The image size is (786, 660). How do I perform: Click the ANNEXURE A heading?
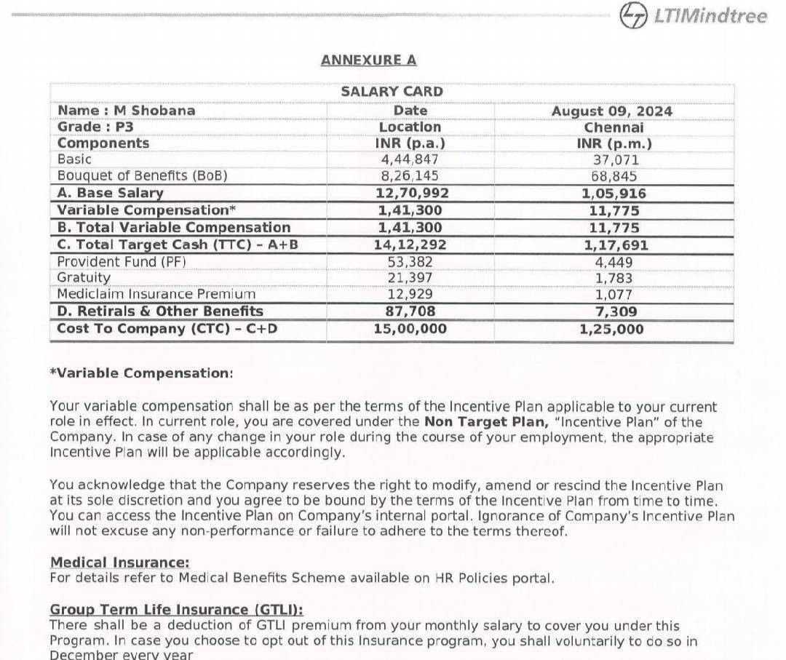(x=368, y=60)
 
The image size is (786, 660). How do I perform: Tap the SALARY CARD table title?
(x=392, y=92)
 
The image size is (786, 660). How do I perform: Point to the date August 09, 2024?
(x=611, y=111)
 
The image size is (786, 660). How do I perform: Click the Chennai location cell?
(x=614, y=127)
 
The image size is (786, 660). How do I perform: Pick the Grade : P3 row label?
(x=95, y=127)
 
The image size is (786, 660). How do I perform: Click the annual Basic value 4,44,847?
(x=410, y=159)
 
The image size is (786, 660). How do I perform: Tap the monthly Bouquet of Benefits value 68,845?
(x=614, y=176)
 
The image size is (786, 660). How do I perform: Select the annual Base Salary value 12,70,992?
(x=411, y=193)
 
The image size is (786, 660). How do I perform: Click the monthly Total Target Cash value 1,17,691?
(x=614, y=245)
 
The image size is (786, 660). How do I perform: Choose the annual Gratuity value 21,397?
(x=410, y=278)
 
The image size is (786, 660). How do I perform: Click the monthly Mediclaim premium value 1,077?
(x=614, y=295)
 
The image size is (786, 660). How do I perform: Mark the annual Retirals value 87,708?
(x=410, y=311)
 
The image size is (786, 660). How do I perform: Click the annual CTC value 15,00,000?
(x=410, y=328)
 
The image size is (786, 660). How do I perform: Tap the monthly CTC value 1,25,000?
(x=612, y=328)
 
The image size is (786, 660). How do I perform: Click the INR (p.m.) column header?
(x=614, y=143)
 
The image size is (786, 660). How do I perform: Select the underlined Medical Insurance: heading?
(x=119, y=562)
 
